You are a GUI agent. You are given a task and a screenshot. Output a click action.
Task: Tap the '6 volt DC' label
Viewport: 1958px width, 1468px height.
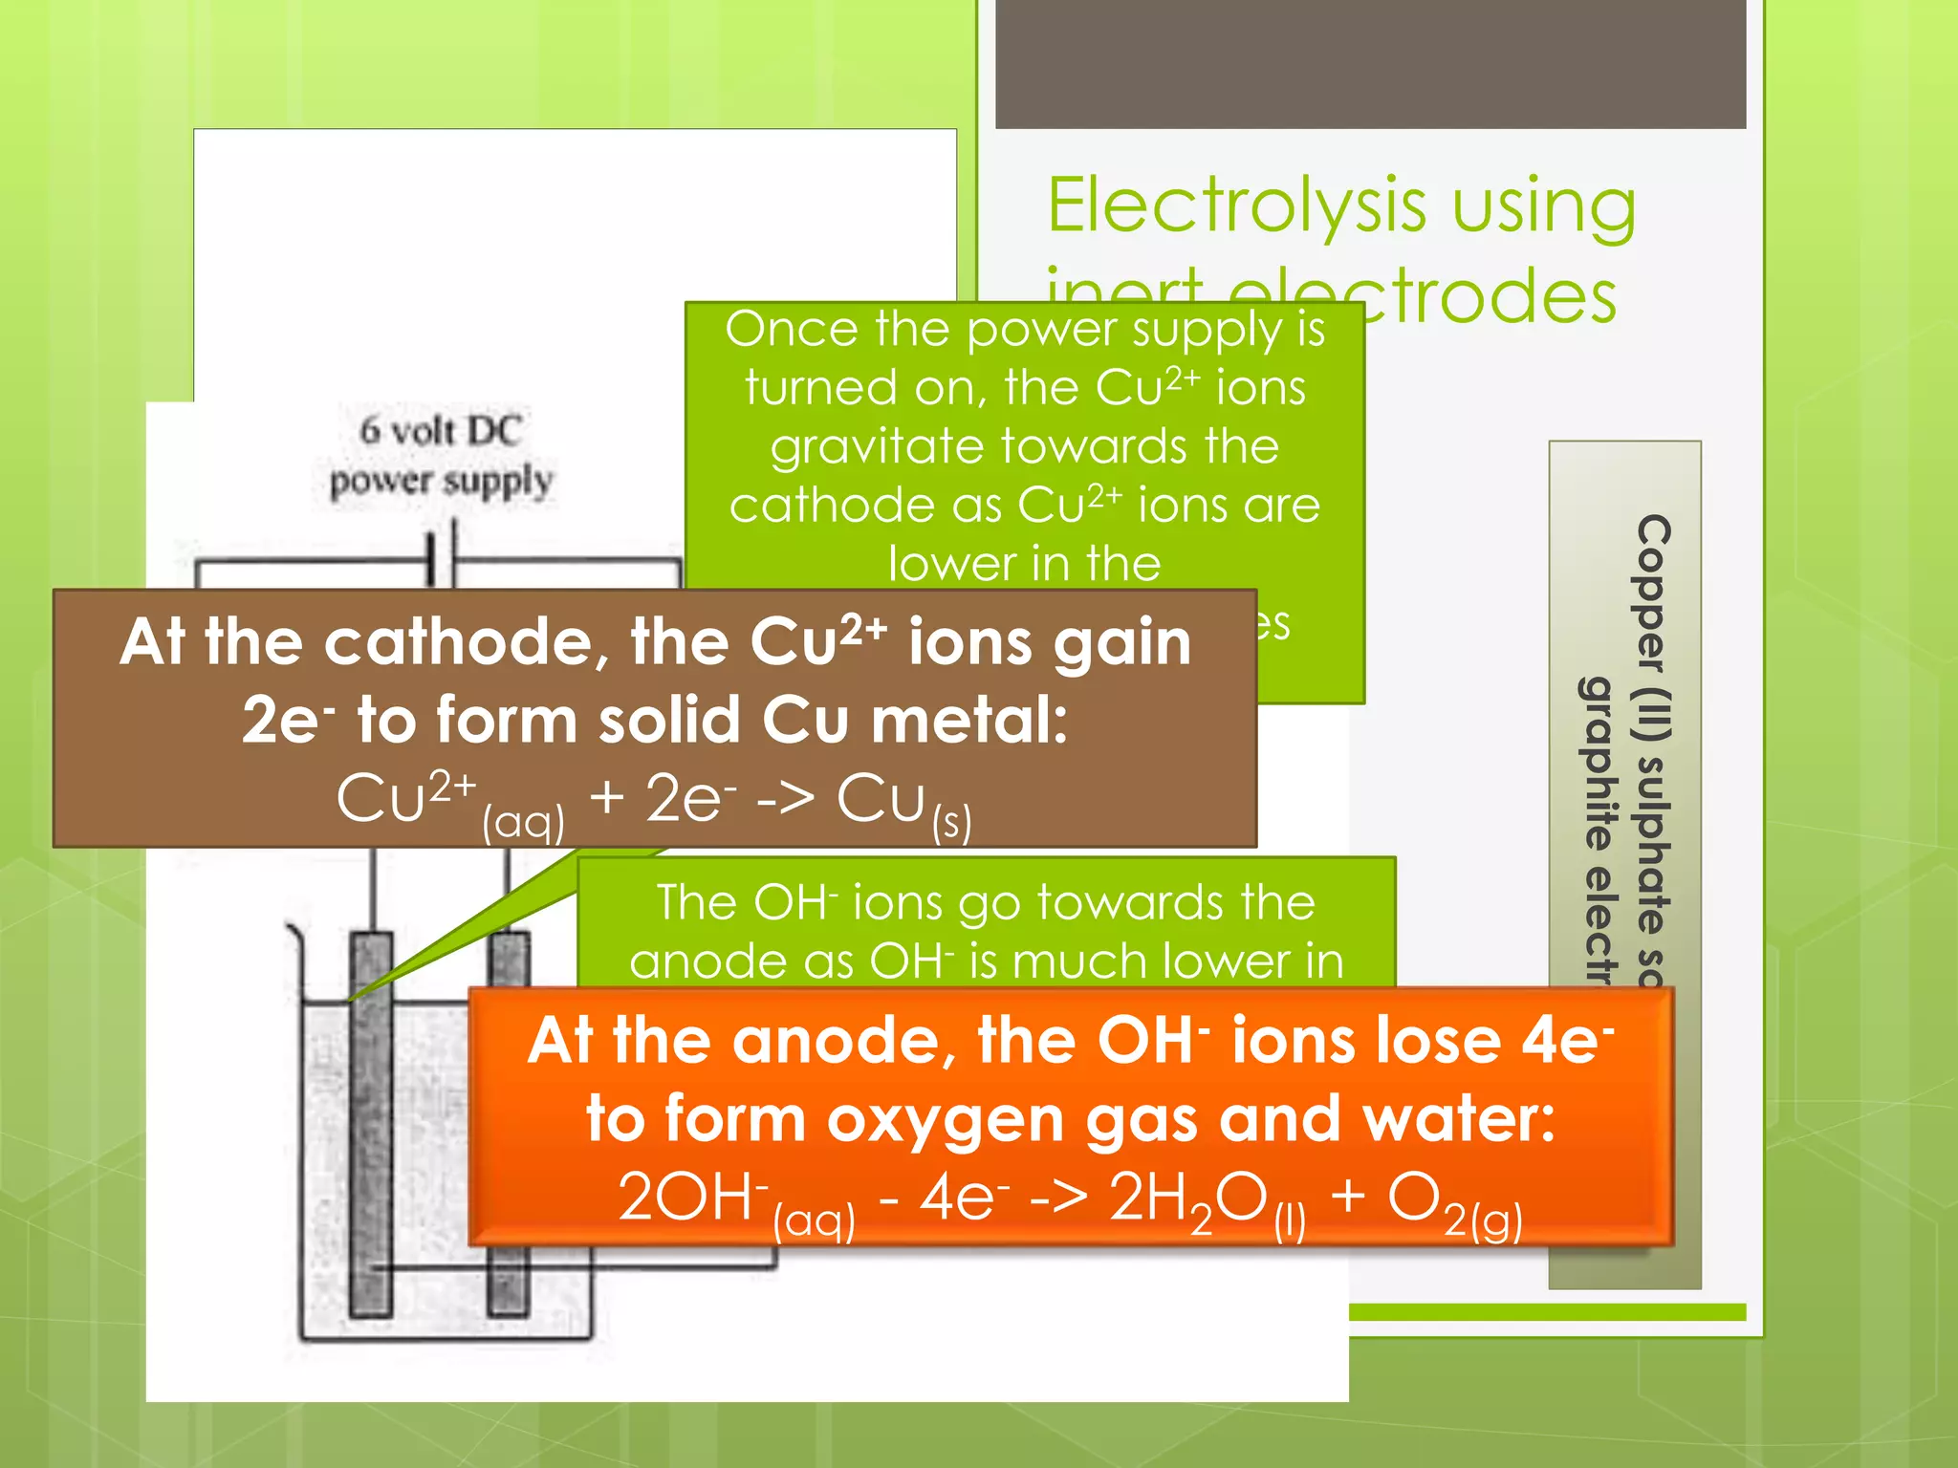[x=441, y=430]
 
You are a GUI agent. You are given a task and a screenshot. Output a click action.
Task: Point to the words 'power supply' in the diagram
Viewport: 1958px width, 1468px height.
[x=441, y=482]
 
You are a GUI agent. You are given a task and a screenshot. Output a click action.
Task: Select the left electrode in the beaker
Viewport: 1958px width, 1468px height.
[x=370, y=1128]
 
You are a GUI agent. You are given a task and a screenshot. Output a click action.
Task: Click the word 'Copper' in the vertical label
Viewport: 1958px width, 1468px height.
[x=1653, y=593]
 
